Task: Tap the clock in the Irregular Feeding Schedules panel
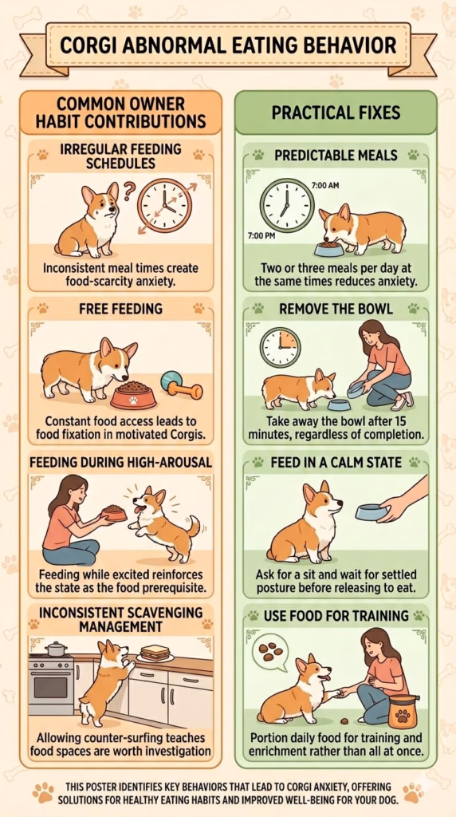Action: click(164, 205)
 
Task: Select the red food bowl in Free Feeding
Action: click(133, 394)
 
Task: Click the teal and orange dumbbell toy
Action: click(181, 385)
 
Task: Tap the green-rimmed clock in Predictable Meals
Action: click(287, 205)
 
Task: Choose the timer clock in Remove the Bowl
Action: click(280, 348)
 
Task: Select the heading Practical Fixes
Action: click(336, 112)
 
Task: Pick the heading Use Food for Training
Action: click(336, 615)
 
